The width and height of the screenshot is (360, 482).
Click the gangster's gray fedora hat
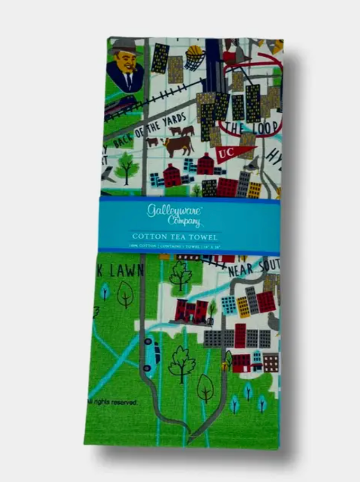123,46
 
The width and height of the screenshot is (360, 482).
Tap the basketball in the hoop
195,52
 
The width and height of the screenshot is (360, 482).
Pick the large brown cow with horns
177,145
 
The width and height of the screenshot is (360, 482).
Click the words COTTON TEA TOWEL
175,236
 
